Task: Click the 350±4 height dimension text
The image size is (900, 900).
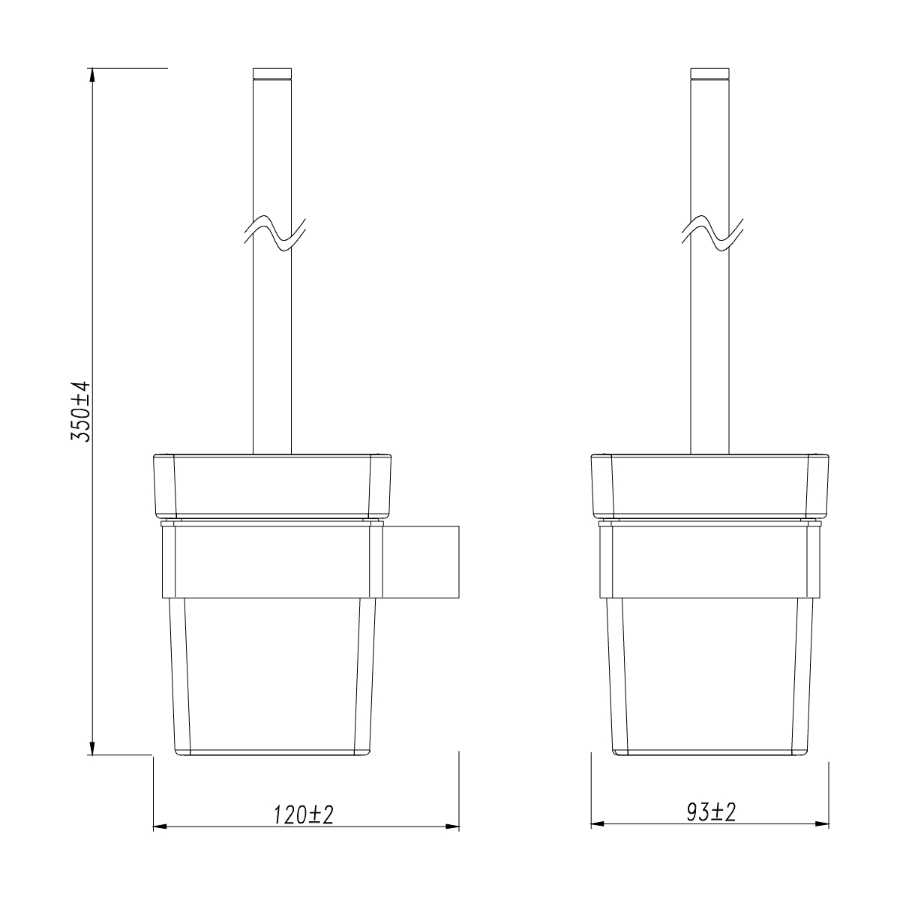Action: click(x=81, y=411)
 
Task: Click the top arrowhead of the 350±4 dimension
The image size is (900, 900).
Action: click(x=92, y=75)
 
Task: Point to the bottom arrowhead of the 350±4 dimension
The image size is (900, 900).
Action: click(x=92, y=748)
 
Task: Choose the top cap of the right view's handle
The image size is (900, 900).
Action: click(x=709, y=73)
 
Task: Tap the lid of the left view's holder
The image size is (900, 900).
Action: click(x=272, y=485)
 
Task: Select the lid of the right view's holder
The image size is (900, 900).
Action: click(x=709, y=485)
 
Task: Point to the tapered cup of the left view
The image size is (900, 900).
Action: click(x=272, y=675)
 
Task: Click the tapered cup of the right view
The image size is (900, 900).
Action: click(x=709, y=675)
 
